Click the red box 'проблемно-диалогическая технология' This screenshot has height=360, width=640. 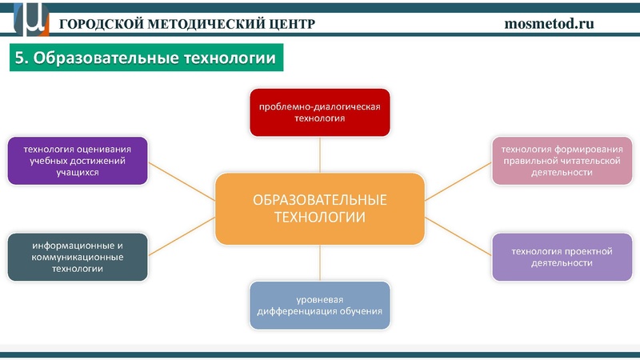[x=319, y=112]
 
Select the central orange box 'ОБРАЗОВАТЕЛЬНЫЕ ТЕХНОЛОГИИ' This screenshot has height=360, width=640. [x=319, y=208]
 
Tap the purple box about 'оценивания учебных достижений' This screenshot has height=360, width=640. [x=78, y=160]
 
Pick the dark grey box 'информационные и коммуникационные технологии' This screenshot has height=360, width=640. [x=78, y=257]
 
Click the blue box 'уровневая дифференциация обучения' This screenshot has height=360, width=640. [x=319, y=305]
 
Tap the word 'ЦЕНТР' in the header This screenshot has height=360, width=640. [x=290, y=23]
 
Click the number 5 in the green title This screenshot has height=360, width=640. [x=21, y=58]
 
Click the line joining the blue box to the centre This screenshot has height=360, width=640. [x=319, y=263]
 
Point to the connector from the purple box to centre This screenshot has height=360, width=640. [x=182, y=180]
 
